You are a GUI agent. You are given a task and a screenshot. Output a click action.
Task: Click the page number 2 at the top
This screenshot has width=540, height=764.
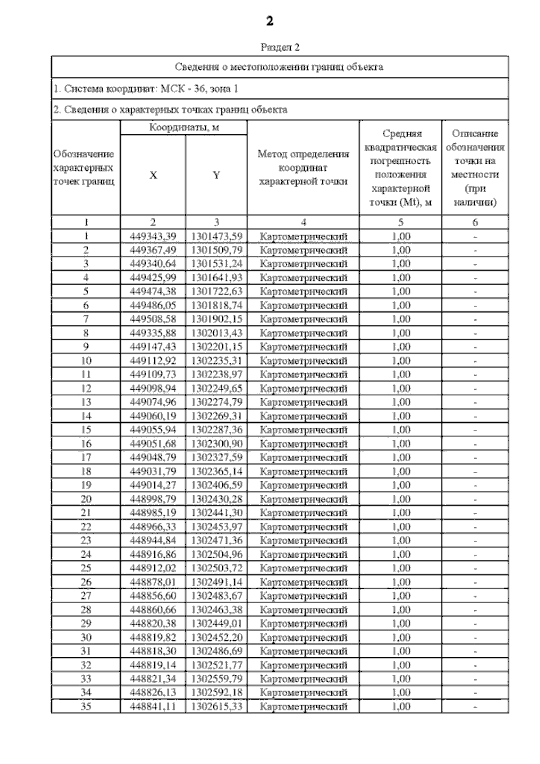(270, 21)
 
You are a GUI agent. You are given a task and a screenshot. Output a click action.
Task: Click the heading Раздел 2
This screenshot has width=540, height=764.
(280, 47)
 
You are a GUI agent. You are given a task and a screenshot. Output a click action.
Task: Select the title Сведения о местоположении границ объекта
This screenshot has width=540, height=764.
(279, 68)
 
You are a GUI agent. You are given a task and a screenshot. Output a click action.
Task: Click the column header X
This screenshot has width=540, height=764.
(153, 175)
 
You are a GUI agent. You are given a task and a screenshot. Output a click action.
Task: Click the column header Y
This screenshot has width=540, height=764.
(216, 175)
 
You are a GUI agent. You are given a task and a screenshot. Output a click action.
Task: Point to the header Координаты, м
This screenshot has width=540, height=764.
(184, 127)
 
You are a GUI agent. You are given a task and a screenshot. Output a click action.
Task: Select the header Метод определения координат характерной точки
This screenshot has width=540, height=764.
(303, 167)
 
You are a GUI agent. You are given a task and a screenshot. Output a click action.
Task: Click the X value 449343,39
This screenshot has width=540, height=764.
(153, 236)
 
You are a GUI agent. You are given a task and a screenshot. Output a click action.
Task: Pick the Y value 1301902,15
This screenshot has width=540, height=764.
(217, 319)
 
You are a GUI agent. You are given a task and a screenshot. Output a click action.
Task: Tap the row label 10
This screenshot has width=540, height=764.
(86, 361)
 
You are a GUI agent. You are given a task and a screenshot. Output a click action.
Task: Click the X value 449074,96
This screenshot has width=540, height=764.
(153, 402)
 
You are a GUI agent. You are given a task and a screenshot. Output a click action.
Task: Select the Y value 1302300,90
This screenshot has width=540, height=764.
(217, 444)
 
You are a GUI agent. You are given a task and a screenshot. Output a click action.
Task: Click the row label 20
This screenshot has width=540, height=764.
(86, 499)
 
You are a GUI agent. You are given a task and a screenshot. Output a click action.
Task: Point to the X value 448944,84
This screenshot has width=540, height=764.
(153, 540)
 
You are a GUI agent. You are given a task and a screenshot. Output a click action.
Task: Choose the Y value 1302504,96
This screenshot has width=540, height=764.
(217, 554)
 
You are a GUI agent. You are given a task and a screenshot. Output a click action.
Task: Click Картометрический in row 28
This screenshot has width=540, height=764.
(304, 610)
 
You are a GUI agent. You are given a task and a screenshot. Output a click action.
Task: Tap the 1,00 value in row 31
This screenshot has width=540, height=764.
(401, 651)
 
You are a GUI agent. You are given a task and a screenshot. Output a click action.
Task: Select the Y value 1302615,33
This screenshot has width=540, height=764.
(217, 707)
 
